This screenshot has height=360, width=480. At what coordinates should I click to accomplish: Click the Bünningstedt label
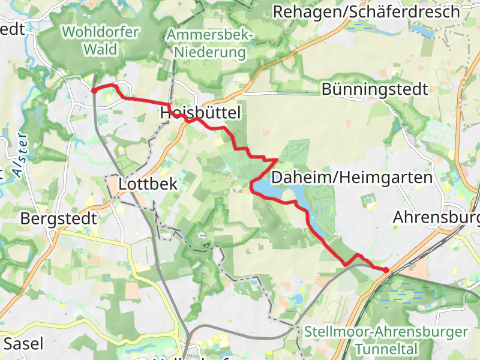point(374,89)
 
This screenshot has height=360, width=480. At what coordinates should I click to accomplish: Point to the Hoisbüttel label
point(200,113)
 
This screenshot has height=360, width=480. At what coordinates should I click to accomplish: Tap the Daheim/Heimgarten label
point(352,178)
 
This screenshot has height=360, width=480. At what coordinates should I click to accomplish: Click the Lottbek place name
point(148,184)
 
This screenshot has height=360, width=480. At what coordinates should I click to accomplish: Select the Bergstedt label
point(58,218)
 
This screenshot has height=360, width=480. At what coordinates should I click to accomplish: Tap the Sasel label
point(23,343)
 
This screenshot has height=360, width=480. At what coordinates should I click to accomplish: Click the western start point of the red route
point(94,91)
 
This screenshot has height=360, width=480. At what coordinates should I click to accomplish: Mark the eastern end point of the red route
point(385,270)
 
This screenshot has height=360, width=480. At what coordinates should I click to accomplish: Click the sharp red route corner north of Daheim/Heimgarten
point(276,160)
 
